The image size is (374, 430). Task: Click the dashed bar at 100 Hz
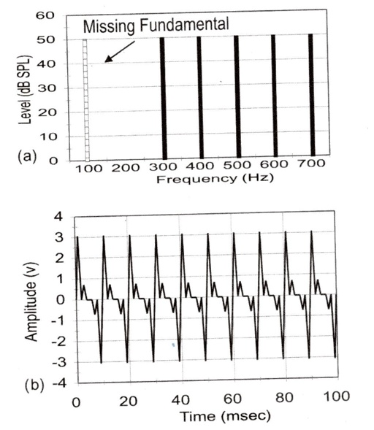pos(85,99)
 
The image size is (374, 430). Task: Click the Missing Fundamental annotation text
pos(156,25)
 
